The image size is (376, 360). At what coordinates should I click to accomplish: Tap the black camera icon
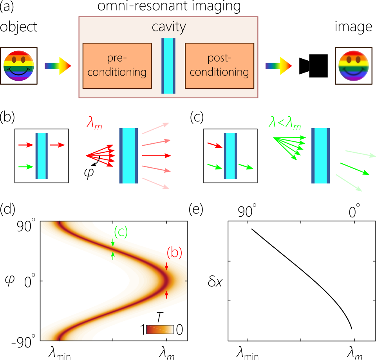pos(313,64)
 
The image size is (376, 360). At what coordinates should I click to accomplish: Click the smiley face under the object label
pos(19,66)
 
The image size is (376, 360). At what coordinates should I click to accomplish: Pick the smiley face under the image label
pos(353,66)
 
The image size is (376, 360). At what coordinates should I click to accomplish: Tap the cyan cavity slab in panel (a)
pos(168,66)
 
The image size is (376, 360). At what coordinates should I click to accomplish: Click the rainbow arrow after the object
pos(58,65)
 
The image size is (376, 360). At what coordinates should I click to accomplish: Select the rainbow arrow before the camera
pos(278,65)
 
